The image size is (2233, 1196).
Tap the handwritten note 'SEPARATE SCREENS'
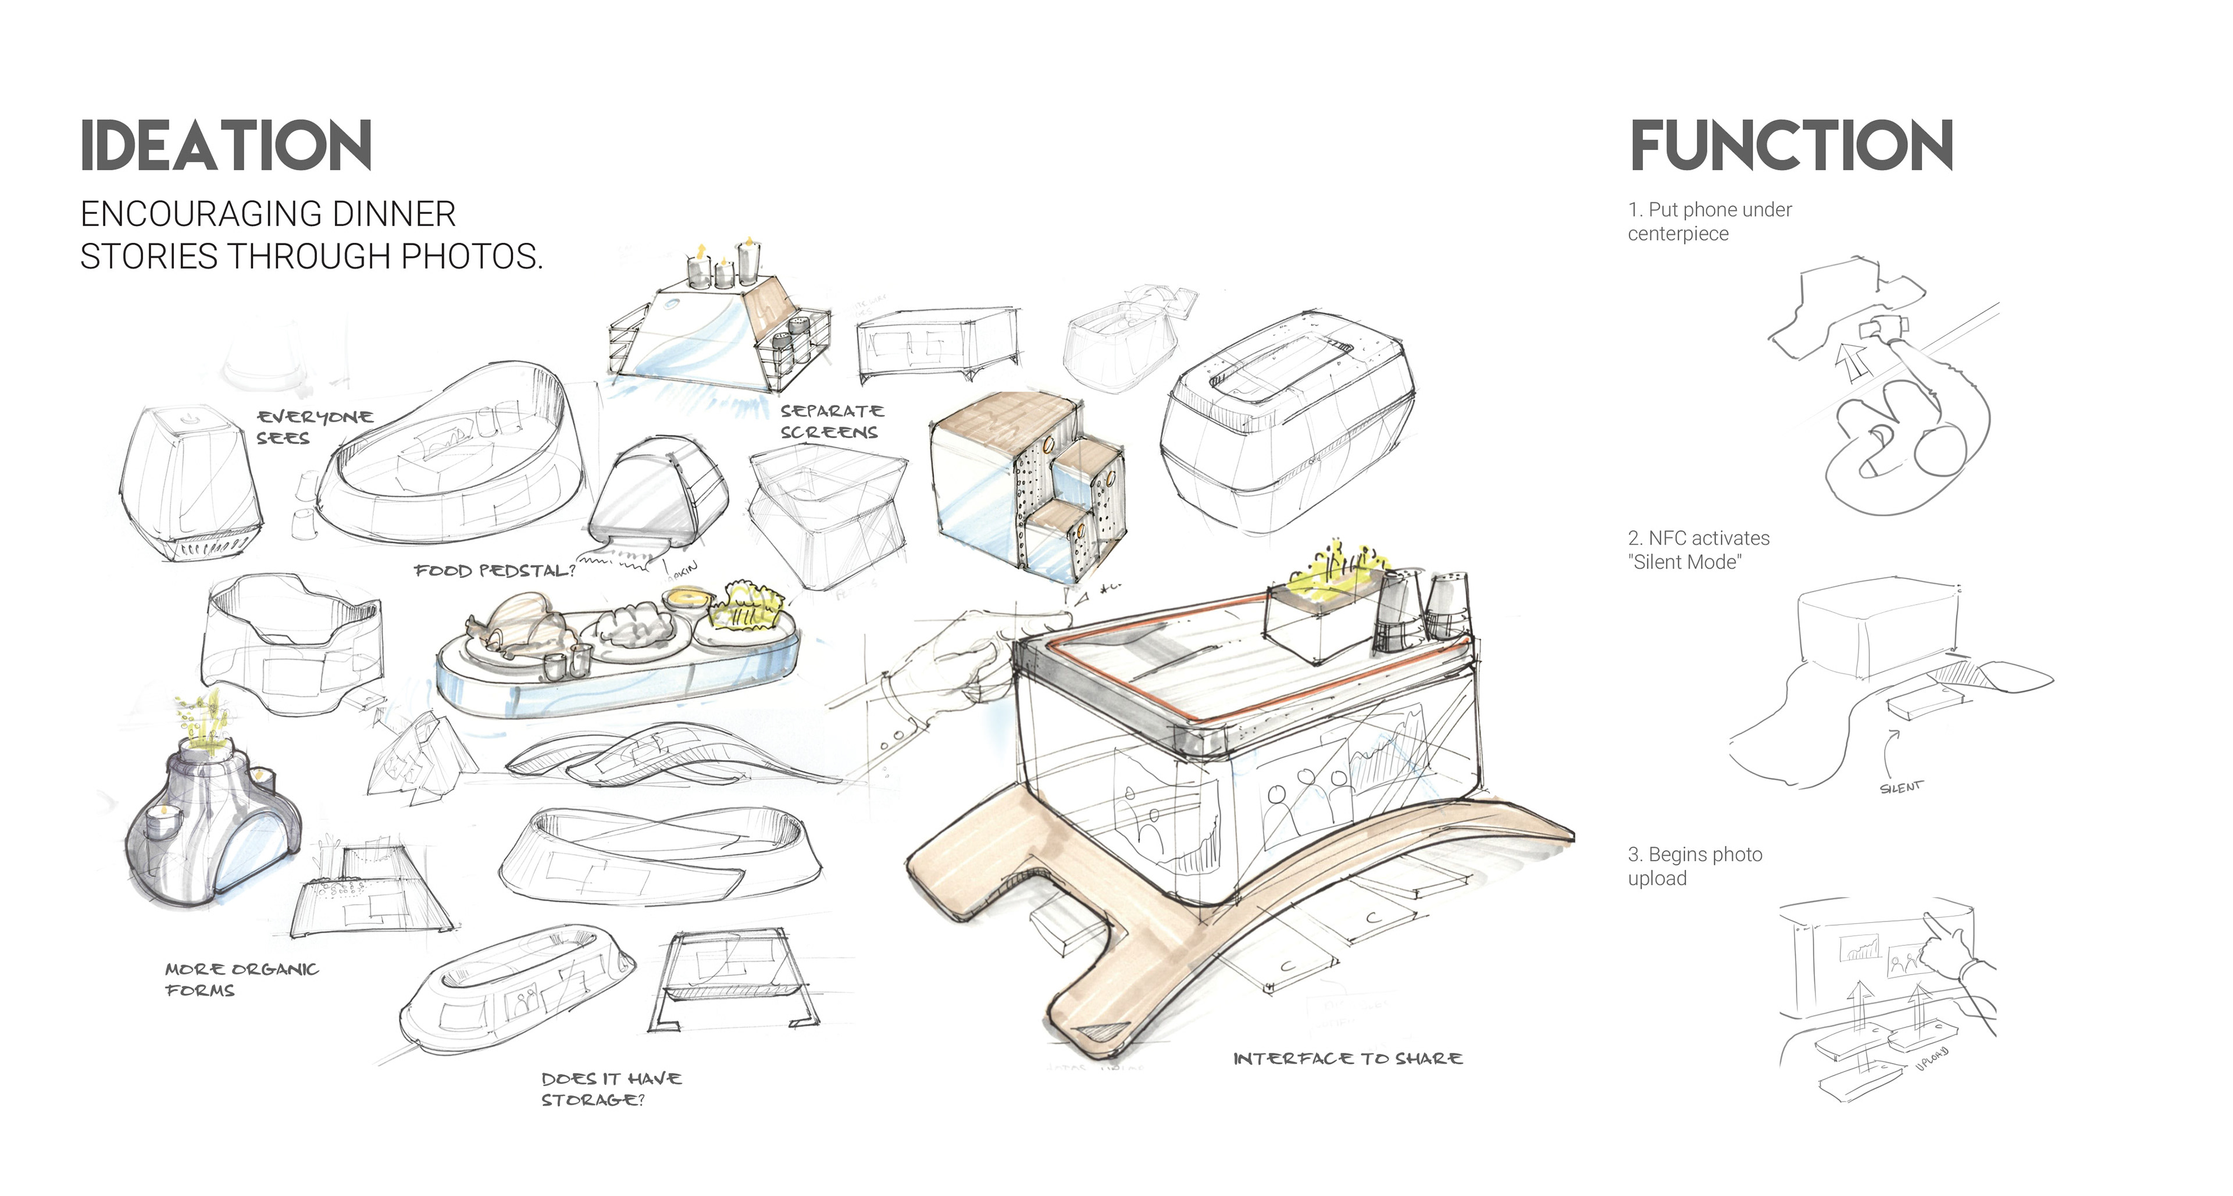coord(830,421)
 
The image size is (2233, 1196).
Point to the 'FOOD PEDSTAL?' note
coord(494,570)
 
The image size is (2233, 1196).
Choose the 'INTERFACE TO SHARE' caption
coord(1347,1058)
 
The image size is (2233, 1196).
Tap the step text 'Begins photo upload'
coord(1694,866)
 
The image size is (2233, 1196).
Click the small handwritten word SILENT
coord(1900,787)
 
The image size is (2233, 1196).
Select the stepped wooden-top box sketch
coord(1028,485)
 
